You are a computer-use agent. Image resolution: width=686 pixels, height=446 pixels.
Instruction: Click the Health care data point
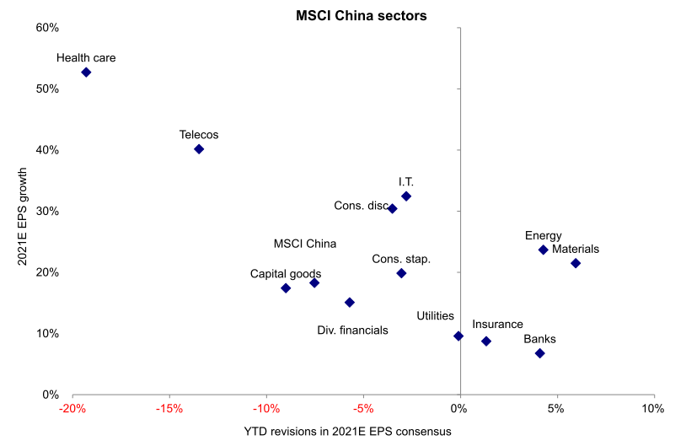pyautogui.click(x=86, y=73)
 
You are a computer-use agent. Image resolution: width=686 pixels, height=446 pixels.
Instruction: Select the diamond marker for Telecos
pyautogui.click(x=199, y=149)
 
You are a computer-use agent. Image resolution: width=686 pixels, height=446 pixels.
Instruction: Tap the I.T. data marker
pyautogui.click(x=406, y=196)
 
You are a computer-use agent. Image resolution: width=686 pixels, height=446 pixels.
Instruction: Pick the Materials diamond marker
pyautogui.click(x=576, y=264)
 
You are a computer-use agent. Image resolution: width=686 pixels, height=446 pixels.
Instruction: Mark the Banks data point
pyautogui.click(x=540, y=353)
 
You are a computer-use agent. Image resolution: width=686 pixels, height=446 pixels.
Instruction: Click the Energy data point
pyautogui.click(x=544, y=250)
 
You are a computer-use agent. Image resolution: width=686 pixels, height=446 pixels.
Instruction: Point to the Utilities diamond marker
pyautogui.click(x=458, y=336)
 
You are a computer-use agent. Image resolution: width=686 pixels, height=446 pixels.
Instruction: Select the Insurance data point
pyautogui.click(x=486, y=341)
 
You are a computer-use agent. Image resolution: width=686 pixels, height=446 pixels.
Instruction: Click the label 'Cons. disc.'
pyautogui.click(x=362, y=205)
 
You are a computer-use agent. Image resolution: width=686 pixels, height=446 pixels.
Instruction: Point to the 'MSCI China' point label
pyautogui.click(x=305, y=244)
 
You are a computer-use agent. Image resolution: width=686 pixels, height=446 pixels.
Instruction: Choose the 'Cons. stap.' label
pyautogui.click(x=401, y=259)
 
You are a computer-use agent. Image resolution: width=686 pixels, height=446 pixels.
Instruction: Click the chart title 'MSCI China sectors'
pyautogui.click(x=343, y=15)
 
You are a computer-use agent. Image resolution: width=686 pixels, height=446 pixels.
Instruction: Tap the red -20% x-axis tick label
pyautogui.click(x=72, y=409)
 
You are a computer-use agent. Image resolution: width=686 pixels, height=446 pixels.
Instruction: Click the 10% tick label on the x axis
pyautogui.click(x=653, y=409)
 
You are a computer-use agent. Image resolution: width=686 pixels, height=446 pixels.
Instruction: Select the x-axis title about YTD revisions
pyautogui.click(x=347, y=431)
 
